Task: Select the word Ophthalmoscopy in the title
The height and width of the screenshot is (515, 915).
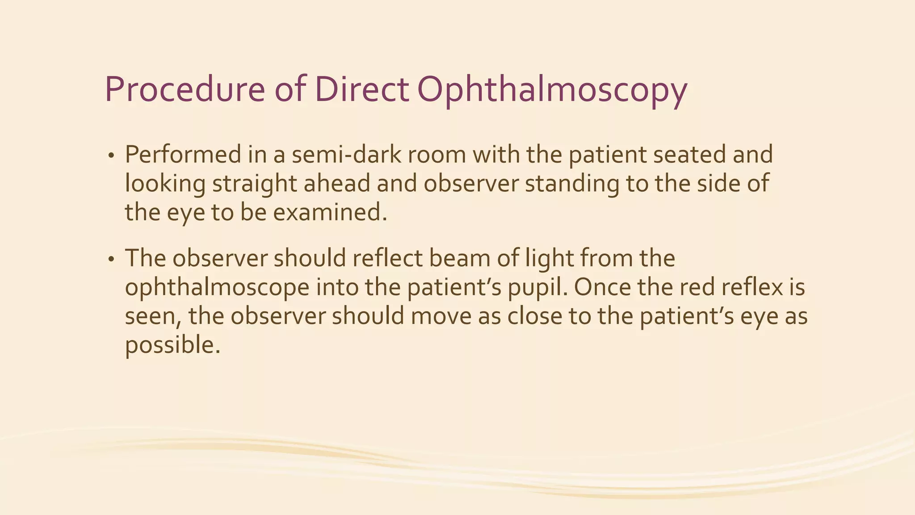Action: tap(552, 92)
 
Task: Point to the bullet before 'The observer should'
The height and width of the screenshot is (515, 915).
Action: tap(111, 260)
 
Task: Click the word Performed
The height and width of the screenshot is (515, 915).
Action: tap(183, 155)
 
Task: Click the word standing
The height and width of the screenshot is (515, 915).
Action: tap(572, 184)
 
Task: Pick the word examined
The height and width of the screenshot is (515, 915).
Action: tap(330, 212)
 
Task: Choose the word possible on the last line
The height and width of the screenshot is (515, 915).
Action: tap(172, 346)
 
